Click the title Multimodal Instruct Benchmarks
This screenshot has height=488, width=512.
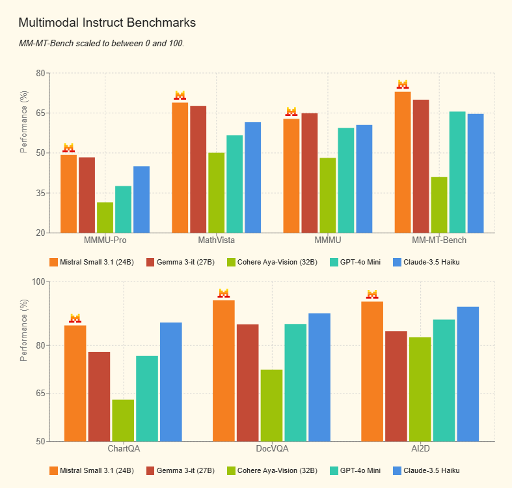click(107, 23)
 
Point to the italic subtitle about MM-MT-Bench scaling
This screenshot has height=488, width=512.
click(101, 43)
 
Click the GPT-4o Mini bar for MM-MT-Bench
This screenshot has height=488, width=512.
click(457, 172)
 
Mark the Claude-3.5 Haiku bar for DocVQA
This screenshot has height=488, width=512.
click(319, 377)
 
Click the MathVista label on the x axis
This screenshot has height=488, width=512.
click(217, 240)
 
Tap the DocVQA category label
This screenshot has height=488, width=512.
click(272, 449)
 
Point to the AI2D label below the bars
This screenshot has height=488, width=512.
click(420, 449)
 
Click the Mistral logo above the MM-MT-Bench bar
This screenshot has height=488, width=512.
click(403, 85)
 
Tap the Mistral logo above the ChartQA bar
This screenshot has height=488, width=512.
click(75, 318)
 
